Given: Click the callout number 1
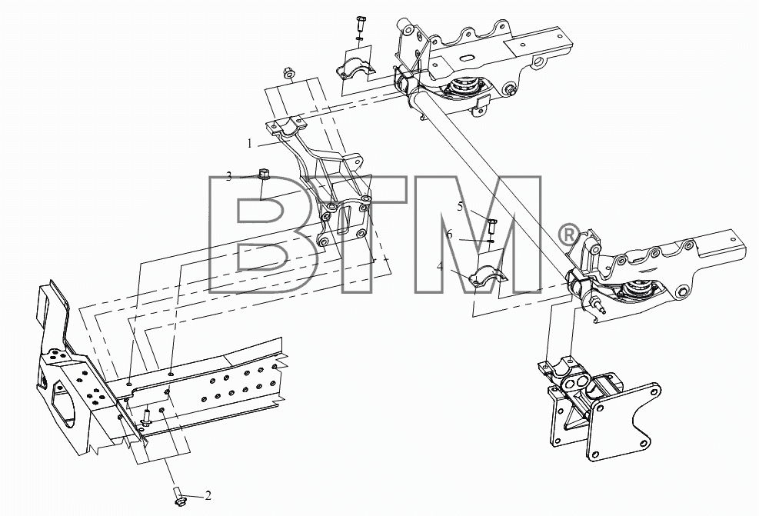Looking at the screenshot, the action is [x=250, y=144].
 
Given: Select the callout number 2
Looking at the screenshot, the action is [x=208, y=496].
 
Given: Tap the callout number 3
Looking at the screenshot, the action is [x=229, y=177].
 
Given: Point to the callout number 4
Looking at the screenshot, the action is [x=440, y=266].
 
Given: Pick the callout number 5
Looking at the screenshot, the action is [x=461, y=206].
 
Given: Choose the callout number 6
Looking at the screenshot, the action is [x=449, y=235].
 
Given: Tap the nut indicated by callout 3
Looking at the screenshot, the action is [x=264, y=174].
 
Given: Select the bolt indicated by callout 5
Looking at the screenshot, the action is [x=492, y=225].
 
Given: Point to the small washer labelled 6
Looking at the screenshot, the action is [x=491, y=241].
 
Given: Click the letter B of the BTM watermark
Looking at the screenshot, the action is [x=264, y=235].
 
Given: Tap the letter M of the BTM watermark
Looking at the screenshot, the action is [x=477, y=235].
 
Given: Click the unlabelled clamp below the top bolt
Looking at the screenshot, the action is [x=355, y=68].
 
